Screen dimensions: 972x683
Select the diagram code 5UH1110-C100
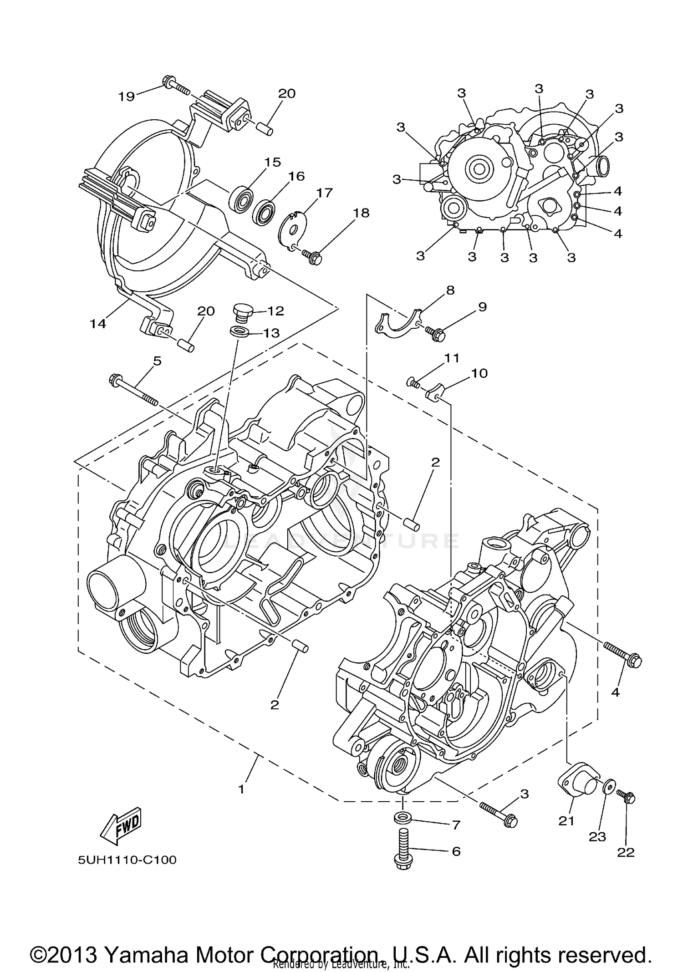[x=127, y=860]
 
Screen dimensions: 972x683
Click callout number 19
[x=127, y=96]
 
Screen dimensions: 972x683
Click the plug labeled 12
[x=242, y=313]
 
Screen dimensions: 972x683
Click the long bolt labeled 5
[x=134, y=390]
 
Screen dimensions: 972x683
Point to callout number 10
[x=479, y=373]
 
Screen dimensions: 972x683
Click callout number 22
[x=626, y=852]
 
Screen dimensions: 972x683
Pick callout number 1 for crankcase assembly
[x=241, y=789]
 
